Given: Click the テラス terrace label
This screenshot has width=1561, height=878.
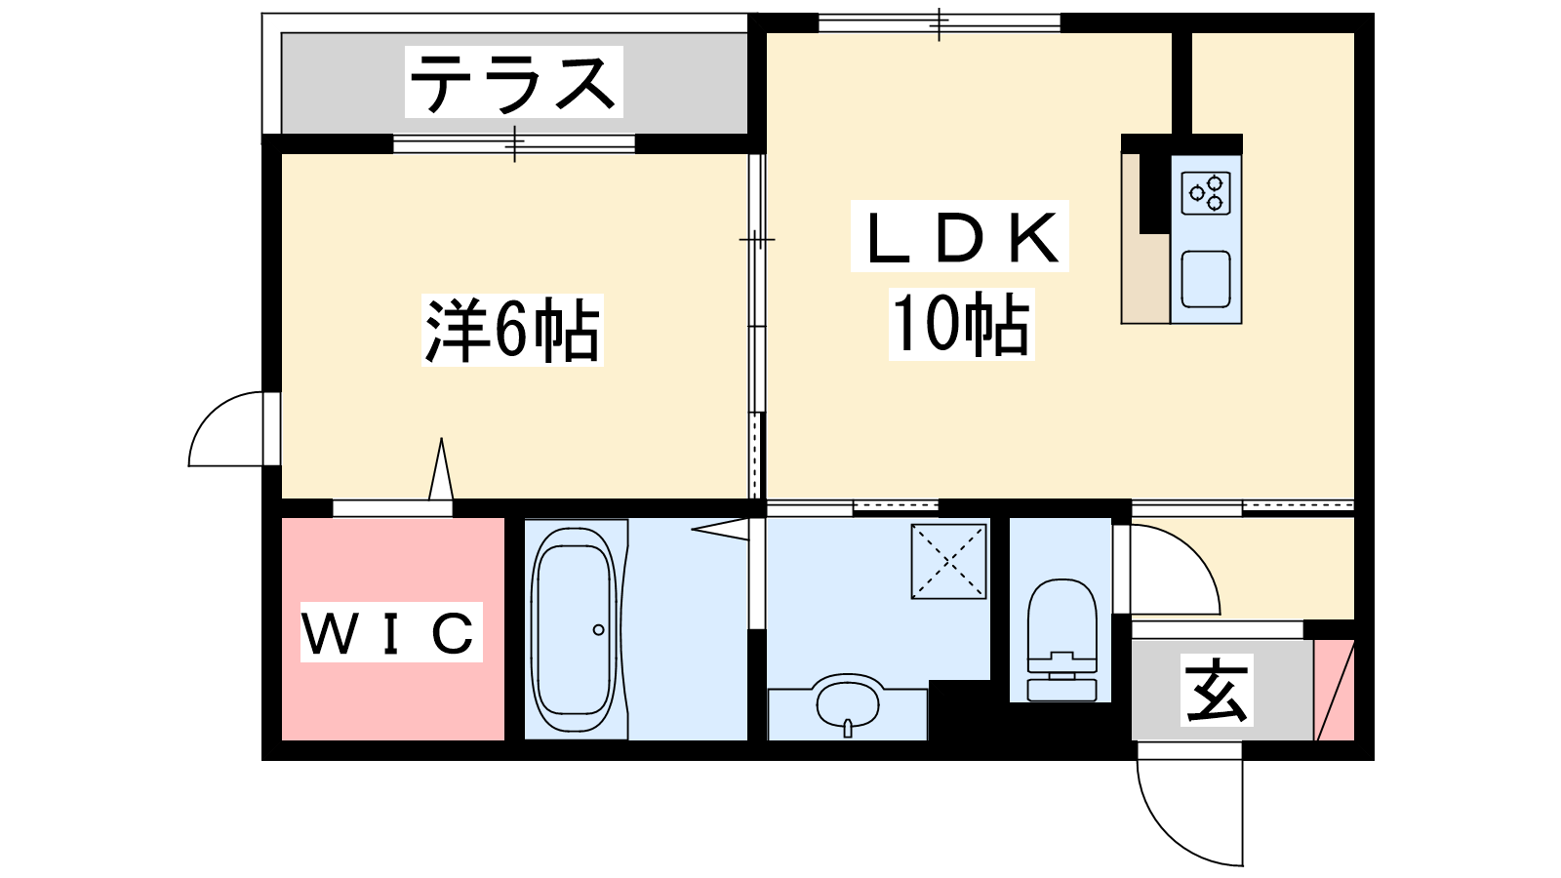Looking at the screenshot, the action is click(513, 82).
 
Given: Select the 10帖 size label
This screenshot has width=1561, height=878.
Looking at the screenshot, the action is click(961, 323).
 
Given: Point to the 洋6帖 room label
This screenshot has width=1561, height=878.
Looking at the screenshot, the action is click(512, 331).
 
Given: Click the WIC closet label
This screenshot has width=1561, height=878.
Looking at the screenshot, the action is click(391, 632).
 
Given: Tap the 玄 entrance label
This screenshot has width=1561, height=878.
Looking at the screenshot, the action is click(1217, 690).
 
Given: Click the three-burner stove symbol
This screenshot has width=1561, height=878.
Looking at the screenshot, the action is click(1206, 193).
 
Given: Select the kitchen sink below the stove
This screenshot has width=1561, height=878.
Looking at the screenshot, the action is click(1206, 279).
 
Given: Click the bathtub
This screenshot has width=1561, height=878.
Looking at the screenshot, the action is click(574, 629).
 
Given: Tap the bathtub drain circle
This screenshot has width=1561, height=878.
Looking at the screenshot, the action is click(599, 630).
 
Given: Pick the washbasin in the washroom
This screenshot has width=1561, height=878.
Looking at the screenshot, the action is click(848, 701).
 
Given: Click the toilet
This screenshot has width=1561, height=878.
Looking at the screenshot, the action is click(1061, 640).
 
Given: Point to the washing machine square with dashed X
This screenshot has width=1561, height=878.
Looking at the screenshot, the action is click(948, 561).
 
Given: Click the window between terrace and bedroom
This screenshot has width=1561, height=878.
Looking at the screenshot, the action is click(514, 144).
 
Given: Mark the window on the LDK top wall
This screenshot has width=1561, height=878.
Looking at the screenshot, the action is click(940, 23).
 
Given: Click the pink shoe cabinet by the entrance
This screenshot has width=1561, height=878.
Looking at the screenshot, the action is click(1335, 690).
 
